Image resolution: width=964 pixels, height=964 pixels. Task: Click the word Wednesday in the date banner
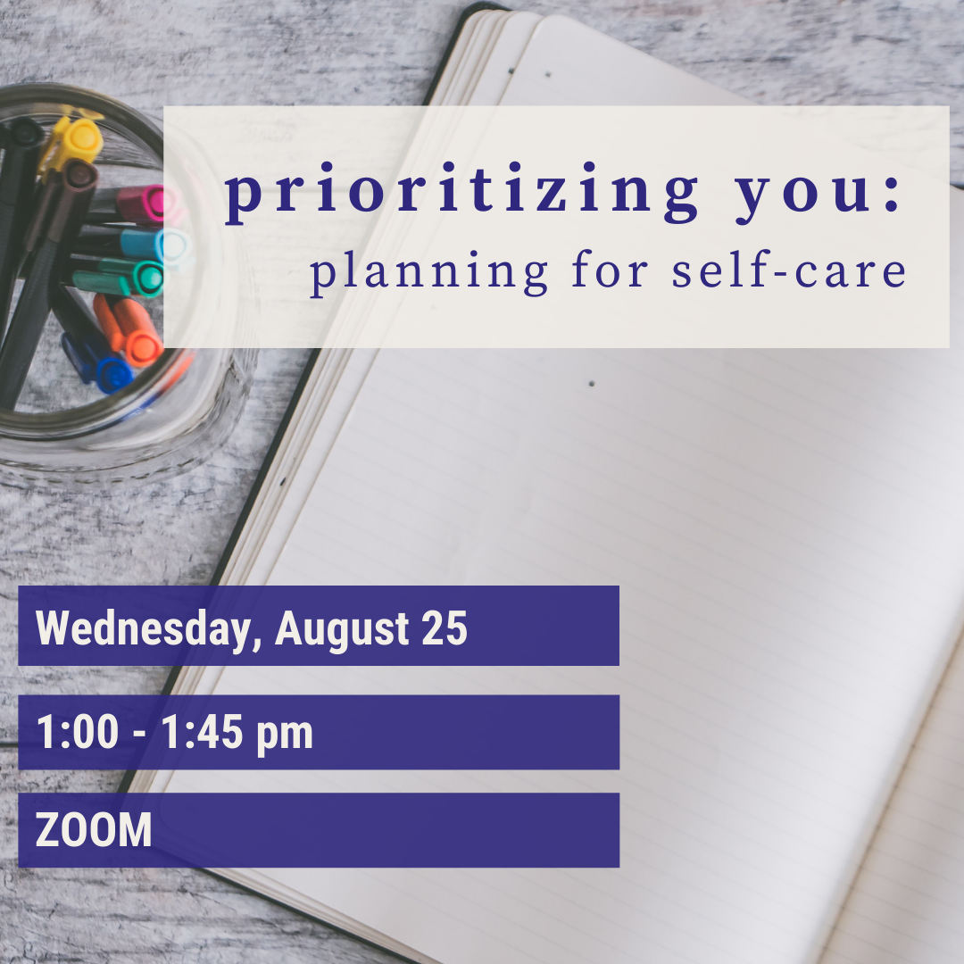[x=144, y=629]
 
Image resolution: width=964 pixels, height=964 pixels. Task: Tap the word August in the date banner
[x=342, y=630]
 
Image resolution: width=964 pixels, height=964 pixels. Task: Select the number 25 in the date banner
[x=445, y=628]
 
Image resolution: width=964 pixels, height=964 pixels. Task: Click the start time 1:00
[x=78, y=732]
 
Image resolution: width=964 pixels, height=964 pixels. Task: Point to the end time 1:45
[x=203, y=732]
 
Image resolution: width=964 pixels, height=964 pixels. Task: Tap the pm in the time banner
[x=285, y=735]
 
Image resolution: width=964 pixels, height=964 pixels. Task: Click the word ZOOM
[x=94, y=830]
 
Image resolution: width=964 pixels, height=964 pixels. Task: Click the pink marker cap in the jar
[x=140, y=204]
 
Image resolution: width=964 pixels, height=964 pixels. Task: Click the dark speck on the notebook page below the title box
[x=592, y=384]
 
